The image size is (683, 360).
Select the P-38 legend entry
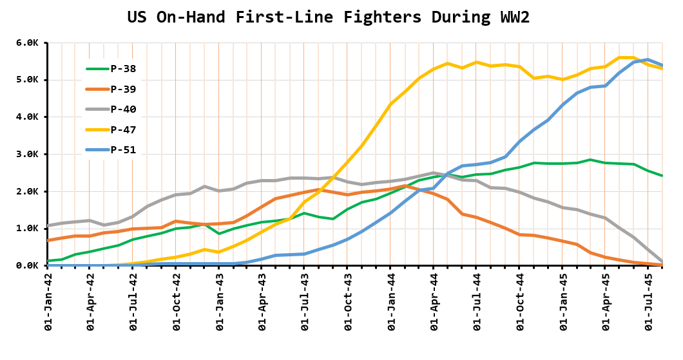point(123,69)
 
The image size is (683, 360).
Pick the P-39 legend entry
point(123,90)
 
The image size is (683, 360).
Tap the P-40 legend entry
point(123,109)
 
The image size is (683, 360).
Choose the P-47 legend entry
point(123,129)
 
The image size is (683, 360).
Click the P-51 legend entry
point(123,150)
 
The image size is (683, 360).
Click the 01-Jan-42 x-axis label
point(48,303)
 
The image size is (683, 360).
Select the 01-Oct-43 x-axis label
point(347,303)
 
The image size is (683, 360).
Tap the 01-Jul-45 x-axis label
point(648,303)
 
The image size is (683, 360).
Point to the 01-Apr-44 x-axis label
point(434,303)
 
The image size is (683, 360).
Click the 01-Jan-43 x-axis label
point(219,303)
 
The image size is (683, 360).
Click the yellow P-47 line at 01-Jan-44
point(390,104)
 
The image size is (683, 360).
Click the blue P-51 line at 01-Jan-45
point(563,105)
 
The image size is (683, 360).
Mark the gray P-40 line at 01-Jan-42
point(48,226)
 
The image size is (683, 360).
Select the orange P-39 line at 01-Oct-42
point(176,221)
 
